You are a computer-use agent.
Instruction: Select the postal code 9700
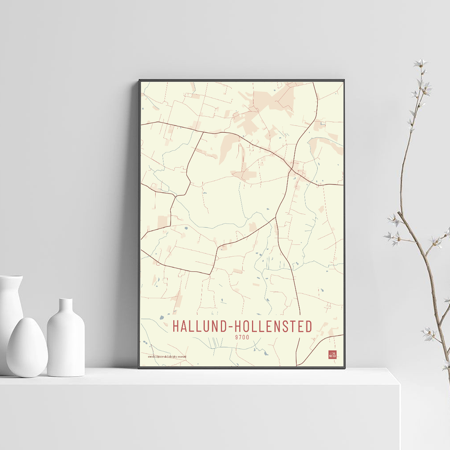(x=242, y=337)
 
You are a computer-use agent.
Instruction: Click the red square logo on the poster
(x=332, y=355)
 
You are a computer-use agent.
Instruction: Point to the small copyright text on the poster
(x=167, y=357)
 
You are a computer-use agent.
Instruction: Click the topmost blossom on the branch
(x=421, y=63)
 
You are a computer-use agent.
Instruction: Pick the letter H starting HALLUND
(x=176, y=326)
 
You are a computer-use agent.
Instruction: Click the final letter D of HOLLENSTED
(x=308, y=326)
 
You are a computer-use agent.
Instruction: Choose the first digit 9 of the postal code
(x=237, y=337)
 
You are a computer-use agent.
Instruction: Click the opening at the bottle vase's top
(x=66, y=300)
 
